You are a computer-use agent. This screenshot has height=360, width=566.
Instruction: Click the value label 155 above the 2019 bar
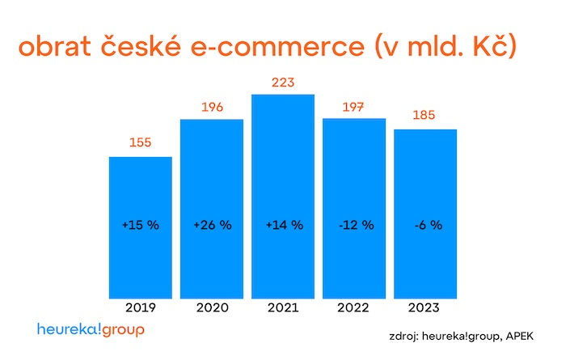(x=140, y=143)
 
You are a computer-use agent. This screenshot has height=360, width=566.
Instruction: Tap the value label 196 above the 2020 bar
(x=211, y=107)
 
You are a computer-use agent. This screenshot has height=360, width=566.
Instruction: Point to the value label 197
(x=353, y=107)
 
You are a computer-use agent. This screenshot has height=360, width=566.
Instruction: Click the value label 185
(x=424, y=116)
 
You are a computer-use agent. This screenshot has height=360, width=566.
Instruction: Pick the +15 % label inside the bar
(x=140, y=225)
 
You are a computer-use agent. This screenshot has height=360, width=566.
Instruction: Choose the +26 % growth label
(x=212, y=225)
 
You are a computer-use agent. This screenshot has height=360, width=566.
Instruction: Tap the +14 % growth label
(x=283, y=225)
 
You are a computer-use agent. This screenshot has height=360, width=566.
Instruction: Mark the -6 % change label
(x=425, y=225)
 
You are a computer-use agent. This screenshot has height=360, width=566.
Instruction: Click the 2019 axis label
(x=140, y=307)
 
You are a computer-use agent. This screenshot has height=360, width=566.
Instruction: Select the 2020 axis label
(x=211, y=307)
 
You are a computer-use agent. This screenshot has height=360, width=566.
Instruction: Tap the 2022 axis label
(x=353, y=307)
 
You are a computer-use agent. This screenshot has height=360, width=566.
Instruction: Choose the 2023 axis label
(x=424, y=307)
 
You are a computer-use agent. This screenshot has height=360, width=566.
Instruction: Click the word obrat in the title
(x=62, y=46)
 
